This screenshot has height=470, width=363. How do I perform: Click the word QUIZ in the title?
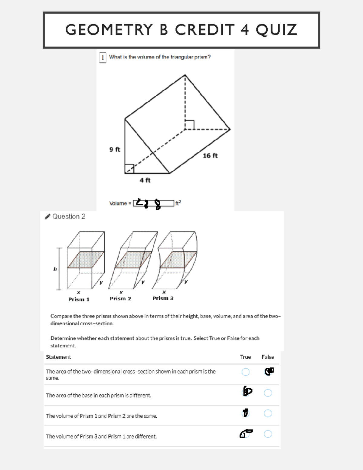(x=276, y=30)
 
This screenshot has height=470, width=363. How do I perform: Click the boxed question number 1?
(x=103, y=57)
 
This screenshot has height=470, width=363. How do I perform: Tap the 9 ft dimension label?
(x=115, y=149)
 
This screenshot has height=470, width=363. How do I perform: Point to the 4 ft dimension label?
(x=145, y=180)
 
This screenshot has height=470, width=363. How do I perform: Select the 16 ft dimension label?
(x=210, y=156)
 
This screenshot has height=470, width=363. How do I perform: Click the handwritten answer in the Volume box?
(x=149, y=203)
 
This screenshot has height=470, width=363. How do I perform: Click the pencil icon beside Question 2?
(x=47, y=216)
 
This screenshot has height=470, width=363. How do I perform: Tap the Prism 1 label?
(x=79, y=299)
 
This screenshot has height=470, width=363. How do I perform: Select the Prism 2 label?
(x=120, y=298)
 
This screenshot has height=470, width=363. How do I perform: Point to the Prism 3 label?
(x=163, y=298)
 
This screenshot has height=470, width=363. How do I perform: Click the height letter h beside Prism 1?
(x=55, y=269)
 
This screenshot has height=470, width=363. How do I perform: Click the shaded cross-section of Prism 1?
(x=86, y=260)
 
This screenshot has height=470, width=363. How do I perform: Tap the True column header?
(x=245, y=357)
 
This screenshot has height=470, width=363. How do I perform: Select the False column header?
(x=268, y=357)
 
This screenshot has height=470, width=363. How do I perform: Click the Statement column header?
(x=58, y=357)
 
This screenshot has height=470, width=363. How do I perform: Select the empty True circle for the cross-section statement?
(x=246, y=372)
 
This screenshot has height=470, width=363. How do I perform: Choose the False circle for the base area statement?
(x=268, y=393)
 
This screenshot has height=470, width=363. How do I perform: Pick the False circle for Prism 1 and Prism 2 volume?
(x=268, y=413)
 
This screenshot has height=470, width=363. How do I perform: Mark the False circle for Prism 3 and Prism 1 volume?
(x=268, y=434)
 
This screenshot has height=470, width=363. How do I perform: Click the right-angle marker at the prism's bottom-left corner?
(x=129, y=169)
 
